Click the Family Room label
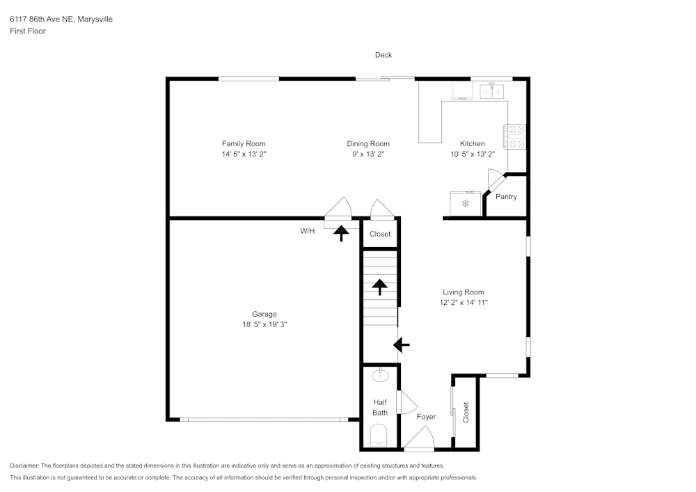click(244, 144)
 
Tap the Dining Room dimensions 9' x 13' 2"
click(368, 154)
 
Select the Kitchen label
click(473, 144)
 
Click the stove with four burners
click(516, 136)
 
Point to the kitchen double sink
click(493, 91)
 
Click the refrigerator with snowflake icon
click(465, 203)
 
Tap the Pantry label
click(506, 197)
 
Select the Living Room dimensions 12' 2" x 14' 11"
click(464, 303)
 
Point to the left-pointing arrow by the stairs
click(402, 344)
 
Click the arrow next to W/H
click(341, 233)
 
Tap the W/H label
click(307, 231)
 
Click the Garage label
click(264, 314)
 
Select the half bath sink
click(380, 376)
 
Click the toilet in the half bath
click(379, 437)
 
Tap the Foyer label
click(426, 417)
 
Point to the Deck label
click(383, 55)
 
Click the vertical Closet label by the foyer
click(466, 412)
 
